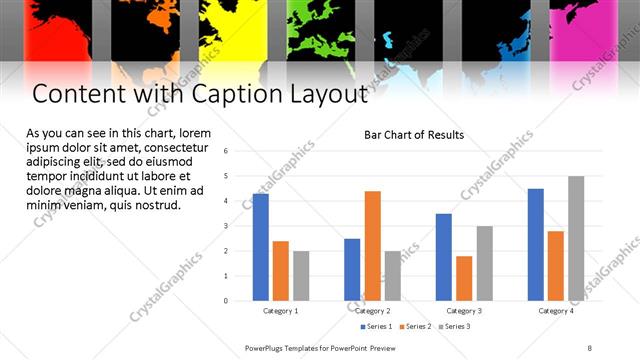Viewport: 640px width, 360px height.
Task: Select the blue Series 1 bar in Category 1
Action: tap(261, 247)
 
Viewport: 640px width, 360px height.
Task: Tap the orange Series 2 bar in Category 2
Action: tap(372, 245)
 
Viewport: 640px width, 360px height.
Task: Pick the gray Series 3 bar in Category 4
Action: tap(576, 238)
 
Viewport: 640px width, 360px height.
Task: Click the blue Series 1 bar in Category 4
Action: tap(536, 244)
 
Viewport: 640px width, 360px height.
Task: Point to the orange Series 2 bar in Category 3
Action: tap(464, 278)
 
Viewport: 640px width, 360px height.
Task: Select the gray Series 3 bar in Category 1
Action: tap(301, 275)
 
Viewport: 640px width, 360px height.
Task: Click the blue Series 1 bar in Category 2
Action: tap(352, 269)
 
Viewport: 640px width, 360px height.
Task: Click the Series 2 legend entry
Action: tap(417, 326)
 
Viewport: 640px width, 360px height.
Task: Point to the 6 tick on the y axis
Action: tap(227, 151)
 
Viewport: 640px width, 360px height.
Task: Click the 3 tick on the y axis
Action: tap(227, 226)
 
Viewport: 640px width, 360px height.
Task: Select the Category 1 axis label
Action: tap(281, 311)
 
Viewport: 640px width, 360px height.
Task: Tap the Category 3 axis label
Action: tap(464, 311)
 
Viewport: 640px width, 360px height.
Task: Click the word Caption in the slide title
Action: tap(237, 95)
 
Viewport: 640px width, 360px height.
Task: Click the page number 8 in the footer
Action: tap(589, 347)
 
